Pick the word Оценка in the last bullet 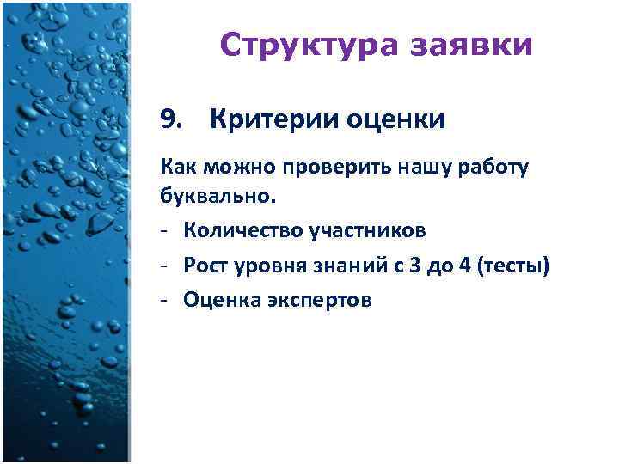(219, 301)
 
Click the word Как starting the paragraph (175, 168)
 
